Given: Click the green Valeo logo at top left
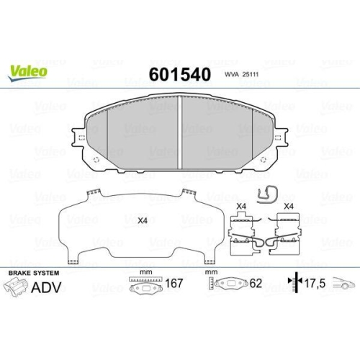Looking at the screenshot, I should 28,70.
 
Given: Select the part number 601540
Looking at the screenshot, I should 179,75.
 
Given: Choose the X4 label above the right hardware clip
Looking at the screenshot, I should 289,207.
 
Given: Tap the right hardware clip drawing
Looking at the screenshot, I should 287,236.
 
